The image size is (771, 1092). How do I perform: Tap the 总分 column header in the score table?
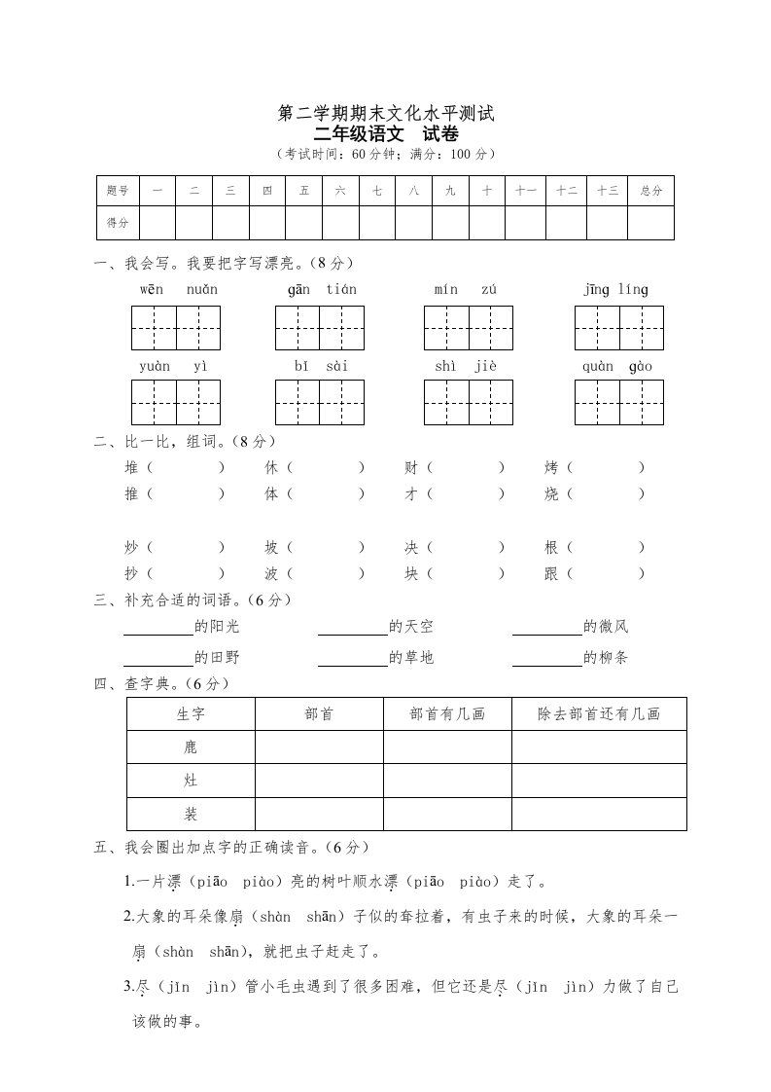650,192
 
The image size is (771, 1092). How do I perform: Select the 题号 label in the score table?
118,192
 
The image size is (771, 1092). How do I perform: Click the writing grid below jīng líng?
618,327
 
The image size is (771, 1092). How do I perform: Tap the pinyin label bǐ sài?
320,366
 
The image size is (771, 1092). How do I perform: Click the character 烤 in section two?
552,468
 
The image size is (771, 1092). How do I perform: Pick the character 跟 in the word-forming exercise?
552,574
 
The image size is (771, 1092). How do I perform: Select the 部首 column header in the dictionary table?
319,713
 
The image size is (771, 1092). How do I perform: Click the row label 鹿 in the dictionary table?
191,747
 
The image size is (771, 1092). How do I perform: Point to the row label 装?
191,814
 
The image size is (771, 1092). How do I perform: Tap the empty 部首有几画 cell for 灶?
447,781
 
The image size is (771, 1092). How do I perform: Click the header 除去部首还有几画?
599,713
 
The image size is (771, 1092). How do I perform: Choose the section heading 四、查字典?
161,684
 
